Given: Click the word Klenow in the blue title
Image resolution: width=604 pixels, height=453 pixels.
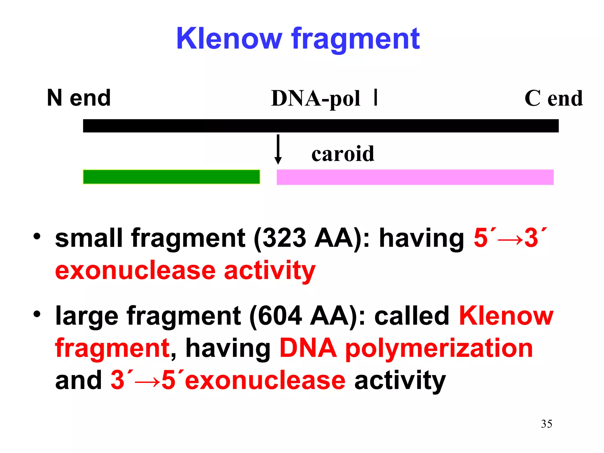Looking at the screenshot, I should [229, 39].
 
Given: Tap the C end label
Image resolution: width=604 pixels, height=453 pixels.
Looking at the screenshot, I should [553, 98].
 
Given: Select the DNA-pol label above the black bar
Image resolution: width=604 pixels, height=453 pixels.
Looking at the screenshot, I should [316, 98].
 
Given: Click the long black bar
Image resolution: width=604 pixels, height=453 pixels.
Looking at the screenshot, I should [321, 126].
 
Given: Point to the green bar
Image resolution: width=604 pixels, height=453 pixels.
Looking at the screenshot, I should [171, 177].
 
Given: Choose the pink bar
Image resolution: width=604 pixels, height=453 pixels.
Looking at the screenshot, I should [415, 177].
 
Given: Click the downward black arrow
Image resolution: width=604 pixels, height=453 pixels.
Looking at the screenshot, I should [278, 149].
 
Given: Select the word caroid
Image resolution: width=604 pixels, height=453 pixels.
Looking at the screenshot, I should [343, 154].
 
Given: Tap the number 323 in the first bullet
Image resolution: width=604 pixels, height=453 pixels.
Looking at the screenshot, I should [284, 238].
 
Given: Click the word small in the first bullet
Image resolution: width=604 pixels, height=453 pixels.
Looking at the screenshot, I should [88, 238].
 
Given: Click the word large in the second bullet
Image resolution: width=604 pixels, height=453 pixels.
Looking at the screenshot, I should [87, 316].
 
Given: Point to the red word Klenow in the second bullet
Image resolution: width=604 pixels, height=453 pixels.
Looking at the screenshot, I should [506, 316].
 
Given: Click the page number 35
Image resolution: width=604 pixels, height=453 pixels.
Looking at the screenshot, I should [546, 424].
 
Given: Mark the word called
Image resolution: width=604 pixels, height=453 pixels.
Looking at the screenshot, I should [411, 316].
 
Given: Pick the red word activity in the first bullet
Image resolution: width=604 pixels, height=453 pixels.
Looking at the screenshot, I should [270, 271].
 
